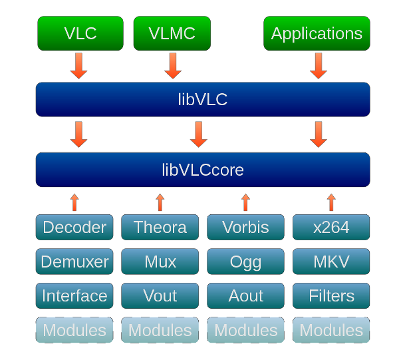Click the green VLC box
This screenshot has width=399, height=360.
click(80, 33)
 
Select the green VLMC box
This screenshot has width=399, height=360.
click(172, 33)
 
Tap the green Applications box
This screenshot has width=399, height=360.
click(317, 33)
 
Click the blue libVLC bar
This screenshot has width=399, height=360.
click(203, 99)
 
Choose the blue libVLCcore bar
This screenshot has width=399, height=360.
click(203, 170)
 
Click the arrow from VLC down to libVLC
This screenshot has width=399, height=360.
click(78, 65)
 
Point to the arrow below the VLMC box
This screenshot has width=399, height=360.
click(173, 65)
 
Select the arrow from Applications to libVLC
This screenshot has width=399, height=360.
click(319, 65)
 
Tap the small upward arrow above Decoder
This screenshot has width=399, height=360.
click(74, 202)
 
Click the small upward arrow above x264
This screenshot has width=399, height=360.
click(331, 202)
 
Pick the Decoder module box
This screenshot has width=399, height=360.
click(74, 227)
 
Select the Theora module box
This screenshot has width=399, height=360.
click(160, 227)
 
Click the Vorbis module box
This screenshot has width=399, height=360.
click(245, 227)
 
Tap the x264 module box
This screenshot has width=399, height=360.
click(331, 227)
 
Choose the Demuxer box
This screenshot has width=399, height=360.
click(74, 262)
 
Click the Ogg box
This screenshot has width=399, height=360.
click(245, 262)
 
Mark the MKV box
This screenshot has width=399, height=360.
click(331, 262)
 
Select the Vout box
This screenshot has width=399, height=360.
click(160, 295)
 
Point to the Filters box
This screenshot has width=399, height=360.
click(331, 295)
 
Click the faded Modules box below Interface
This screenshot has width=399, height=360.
click(74, 330)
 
